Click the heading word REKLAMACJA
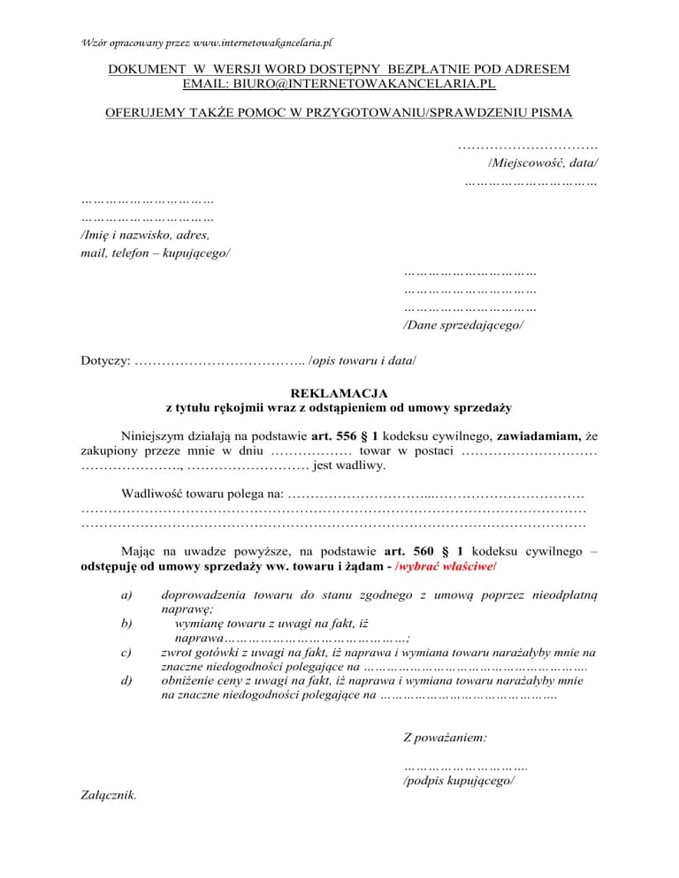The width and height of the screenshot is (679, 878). (x=339, y=393)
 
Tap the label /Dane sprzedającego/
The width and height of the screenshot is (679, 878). (x=462, y=325)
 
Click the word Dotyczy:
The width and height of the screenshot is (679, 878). (x=105, y=360)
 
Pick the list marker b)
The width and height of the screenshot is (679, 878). (x=126, y=624)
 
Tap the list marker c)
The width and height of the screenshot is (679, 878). (x=126, y=653)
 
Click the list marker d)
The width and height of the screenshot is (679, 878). (x=126, y=681)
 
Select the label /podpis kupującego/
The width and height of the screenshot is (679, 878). (x=459, y=781)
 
